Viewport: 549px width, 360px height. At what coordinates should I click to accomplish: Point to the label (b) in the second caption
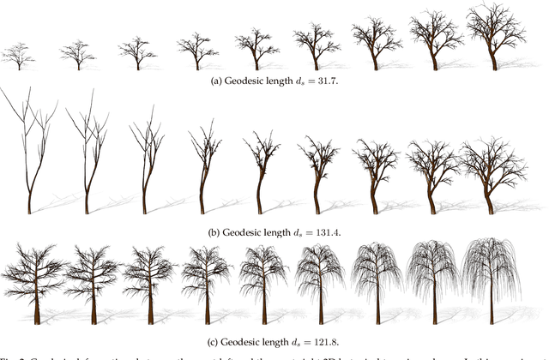[214, 231]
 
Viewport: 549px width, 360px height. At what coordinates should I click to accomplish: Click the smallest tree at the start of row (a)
[19, 57]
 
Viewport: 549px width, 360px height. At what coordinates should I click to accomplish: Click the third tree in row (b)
[145, 163]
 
